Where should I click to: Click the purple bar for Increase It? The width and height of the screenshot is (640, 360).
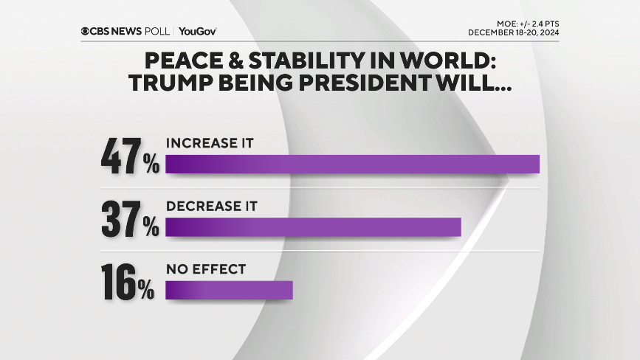(x=352, y=164)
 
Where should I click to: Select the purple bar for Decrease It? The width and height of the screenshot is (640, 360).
(x=313, y=227)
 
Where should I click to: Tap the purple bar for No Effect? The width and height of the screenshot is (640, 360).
(x=229, y=290)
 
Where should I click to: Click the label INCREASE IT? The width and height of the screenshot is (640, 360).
(x=210, y=143)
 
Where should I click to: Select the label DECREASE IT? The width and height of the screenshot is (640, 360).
(x=211, y=207)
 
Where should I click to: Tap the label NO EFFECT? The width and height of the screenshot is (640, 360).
(x=205, y=270)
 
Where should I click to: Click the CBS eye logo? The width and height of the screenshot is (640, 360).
(x=86, y=31)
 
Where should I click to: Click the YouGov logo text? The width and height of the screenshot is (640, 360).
(x=197, y=31)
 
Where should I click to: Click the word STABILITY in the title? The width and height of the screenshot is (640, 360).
(x=292, y=61)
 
